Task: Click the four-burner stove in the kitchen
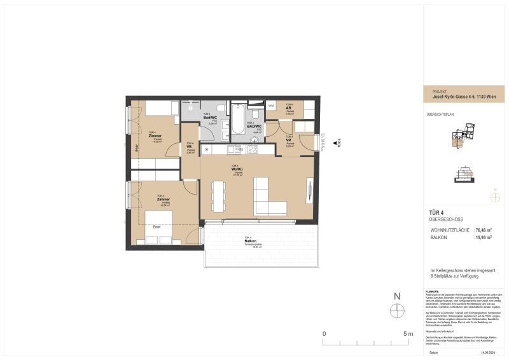coord(253,149)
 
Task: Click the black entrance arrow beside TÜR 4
coord(335,144)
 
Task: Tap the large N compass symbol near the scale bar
coord(397,310)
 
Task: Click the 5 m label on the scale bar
coord(408,334)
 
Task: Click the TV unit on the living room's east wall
coord(309,191)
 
